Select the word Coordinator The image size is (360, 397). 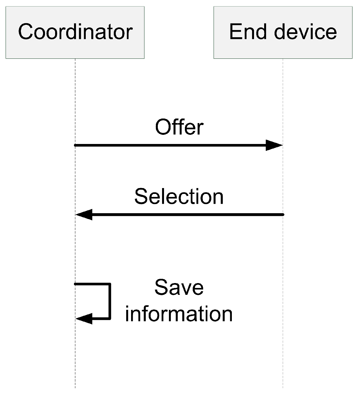point(75,32)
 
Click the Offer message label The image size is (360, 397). point(179,127)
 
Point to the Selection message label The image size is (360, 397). point(179,197)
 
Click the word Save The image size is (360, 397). point(179,287)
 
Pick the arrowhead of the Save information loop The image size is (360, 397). point(84,318)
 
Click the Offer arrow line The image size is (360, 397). point(170,145)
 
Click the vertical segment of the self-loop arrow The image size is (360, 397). point(110,301)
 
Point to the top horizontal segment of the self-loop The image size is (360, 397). point(93,284)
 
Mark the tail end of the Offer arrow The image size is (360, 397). point(76,145)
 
